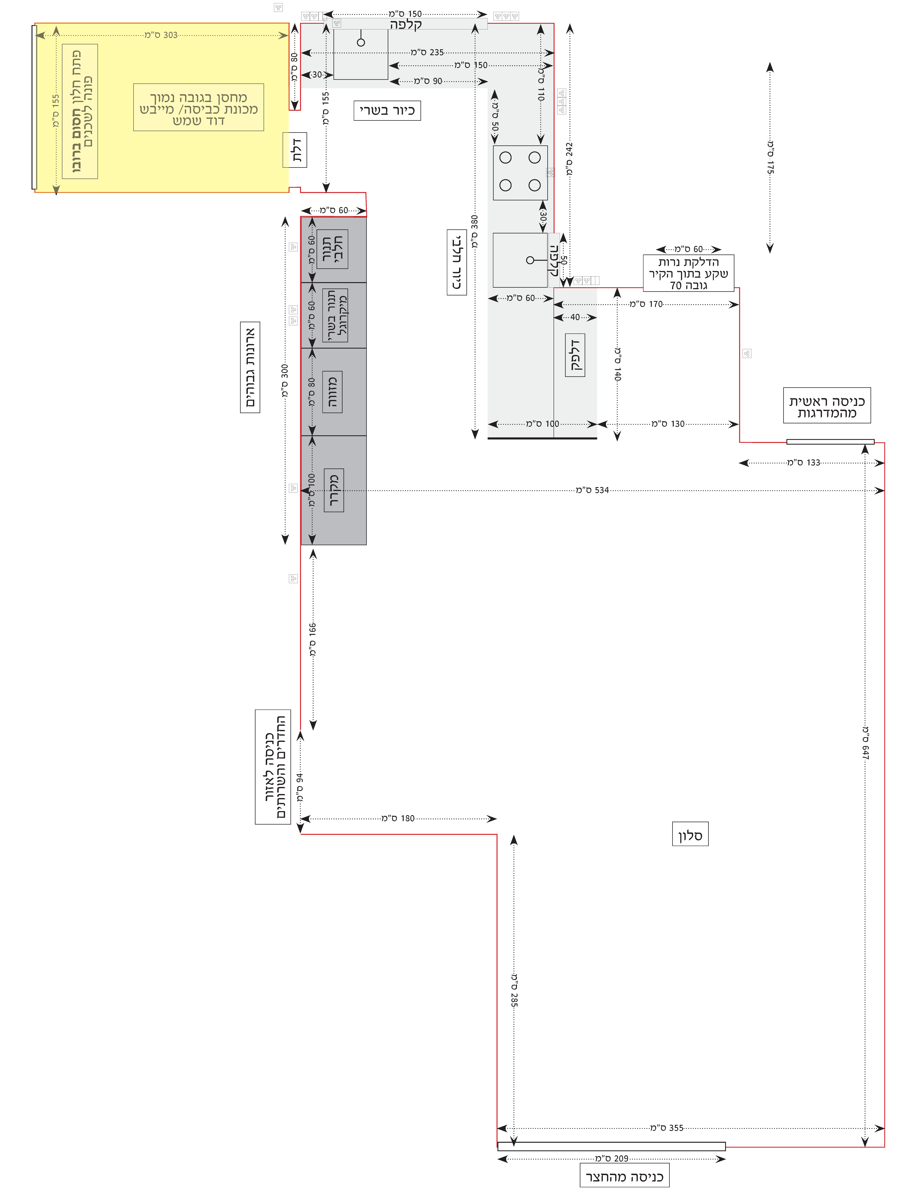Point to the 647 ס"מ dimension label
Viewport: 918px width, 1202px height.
click(866, 743)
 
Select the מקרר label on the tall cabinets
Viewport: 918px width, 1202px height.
click(334, 490)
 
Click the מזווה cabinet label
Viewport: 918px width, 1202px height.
click(332, 392)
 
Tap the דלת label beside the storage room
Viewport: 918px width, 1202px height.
click(295, 150)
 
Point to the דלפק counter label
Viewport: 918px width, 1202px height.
click(575, 355)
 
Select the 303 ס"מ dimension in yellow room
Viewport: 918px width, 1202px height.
click(161, 35)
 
